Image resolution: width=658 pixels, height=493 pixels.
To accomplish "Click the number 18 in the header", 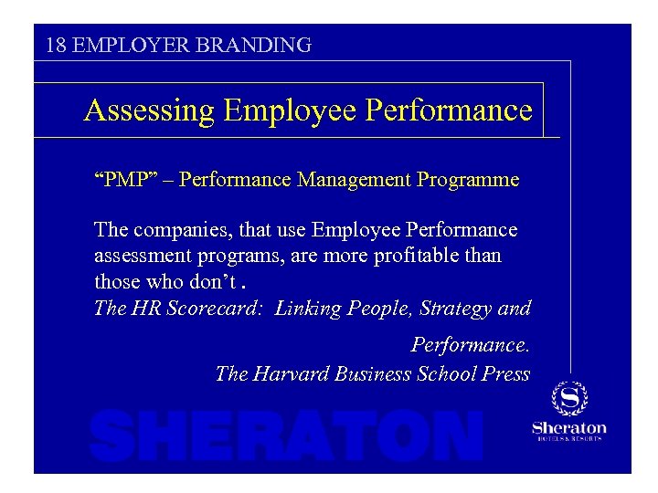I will pos(55,45).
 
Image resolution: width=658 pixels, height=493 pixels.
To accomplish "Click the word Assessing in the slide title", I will pos(149,110).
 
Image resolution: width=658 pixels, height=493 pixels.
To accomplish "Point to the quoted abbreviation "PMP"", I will pos(122,179).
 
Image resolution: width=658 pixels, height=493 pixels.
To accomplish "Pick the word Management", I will pos(353,179).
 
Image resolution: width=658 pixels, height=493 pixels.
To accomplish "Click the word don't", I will pos(220,280).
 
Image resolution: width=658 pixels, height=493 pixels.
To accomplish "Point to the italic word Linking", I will pos(307,309).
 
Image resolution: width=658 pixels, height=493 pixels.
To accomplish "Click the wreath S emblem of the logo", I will pos(569,399).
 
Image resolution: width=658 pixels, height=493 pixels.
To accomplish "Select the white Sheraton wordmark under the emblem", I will pos(569,428).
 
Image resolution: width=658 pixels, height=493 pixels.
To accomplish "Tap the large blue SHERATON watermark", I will pos(286,435).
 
